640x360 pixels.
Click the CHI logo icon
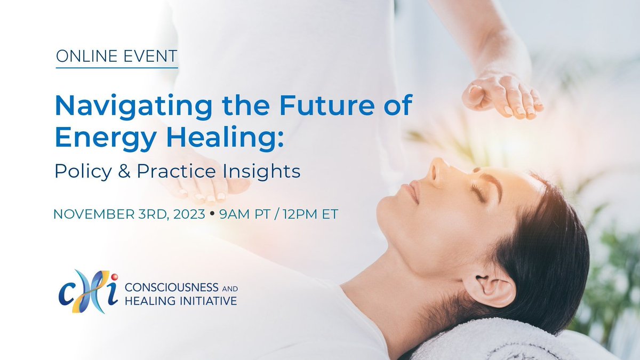pos(87,291)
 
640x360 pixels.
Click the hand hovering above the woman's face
pos(501,96)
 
